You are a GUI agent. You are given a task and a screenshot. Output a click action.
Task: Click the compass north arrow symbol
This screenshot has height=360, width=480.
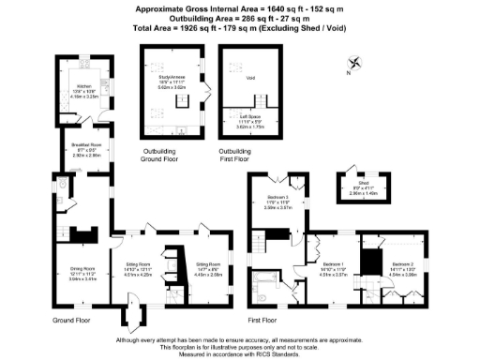pos(352,66)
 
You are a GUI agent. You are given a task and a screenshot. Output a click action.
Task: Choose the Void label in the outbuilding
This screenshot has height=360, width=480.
pos(250,77)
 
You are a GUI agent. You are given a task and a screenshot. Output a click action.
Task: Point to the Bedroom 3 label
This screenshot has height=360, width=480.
pos(277,199)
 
